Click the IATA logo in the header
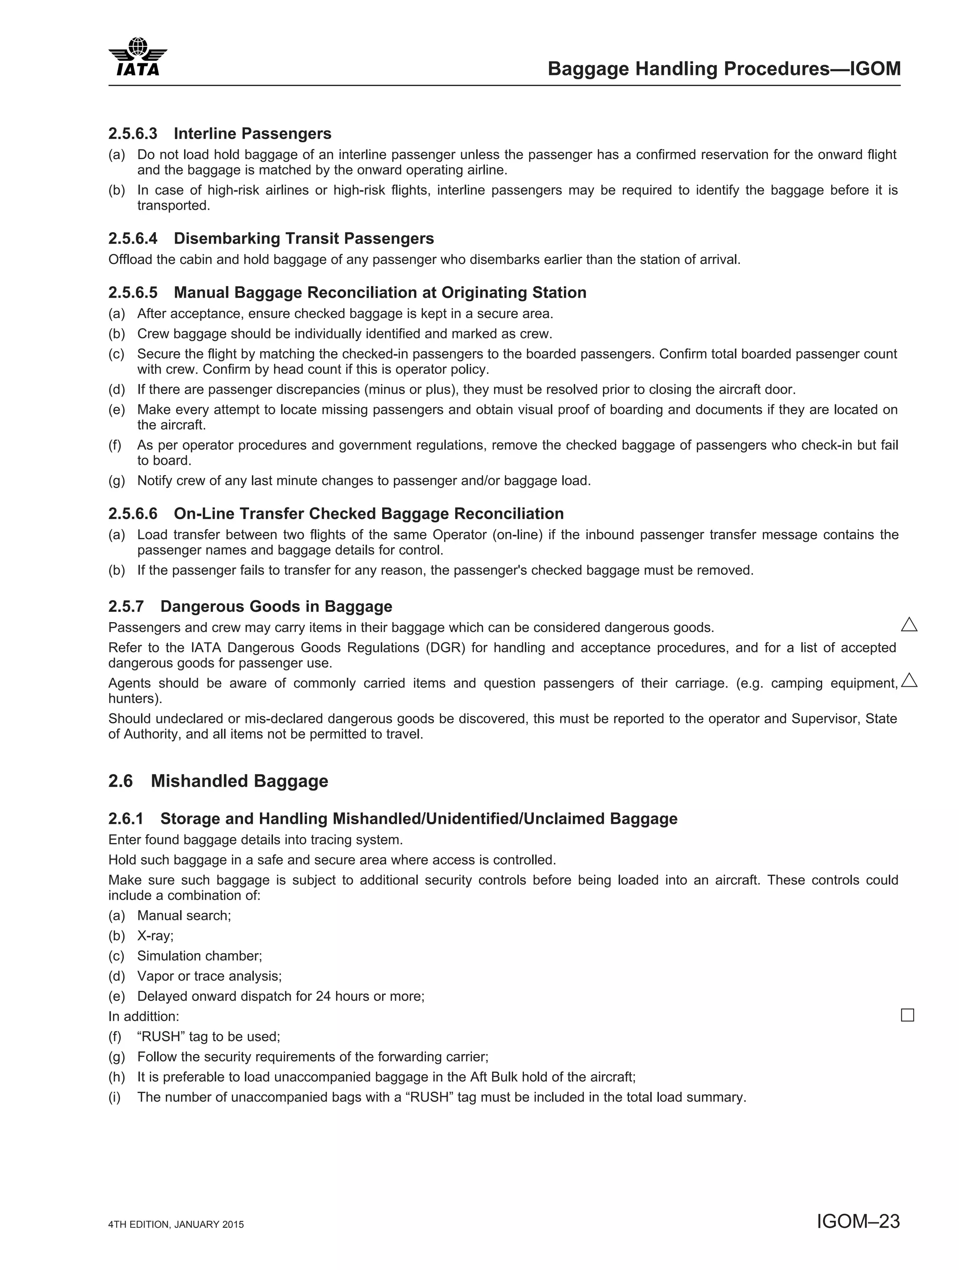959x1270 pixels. click(138, 57)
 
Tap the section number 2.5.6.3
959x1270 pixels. click(133, 134)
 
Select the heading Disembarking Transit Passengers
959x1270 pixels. click(304, 239)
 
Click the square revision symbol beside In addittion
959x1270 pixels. click(907, 1015)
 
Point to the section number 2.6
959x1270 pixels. click(121, 781)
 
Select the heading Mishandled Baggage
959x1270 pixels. click(239, 781)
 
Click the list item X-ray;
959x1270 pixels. click(155, 936)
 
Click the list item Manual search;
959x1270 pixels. click(184, 916)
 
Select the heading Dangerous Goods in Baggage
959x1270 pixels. click(276, 607)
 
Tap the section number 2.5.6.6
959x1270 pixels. click(133, 514)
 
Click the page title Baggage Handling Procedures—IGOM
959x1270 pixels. click(723, 69)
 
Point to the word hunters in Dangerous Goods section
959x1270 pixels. click(134, 699)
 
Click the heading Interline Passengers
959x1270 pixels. click(253, 134)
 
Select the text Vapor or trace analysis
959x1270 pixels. click(208, 976)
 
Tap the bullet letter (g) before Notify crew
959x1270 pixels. click(117, 481)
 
